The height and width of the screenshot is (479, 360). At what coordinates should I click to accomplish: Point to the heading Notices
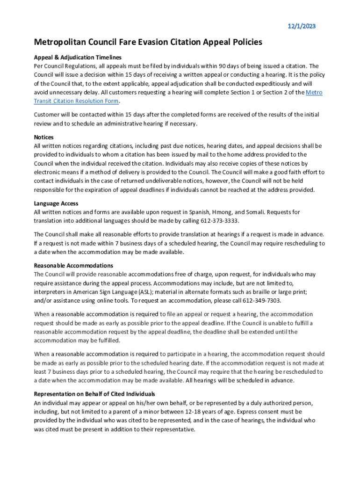[x=43, y=137]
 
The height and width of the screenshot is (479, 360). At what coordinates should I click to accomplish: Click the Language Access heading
[x=56, y=203]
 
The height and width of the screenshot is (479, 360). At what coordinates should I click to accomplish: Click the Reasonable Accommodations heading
[x=73, y=265]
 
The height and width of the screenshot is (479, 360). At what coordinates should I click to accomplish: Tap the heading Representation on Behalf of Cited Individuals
[x=94, y=394]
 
